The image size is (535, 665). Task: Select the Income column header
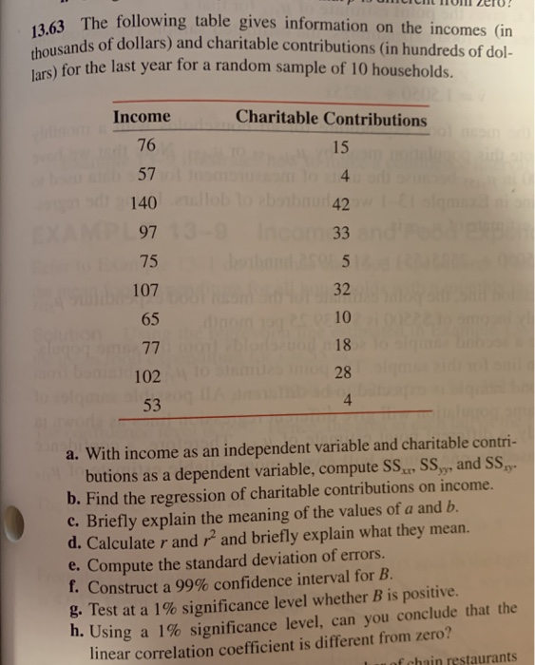pos(142,118)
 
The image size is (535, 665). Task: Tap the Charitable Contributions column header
pos(332,120)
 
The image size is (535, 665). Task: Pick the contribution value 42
pos(344,203)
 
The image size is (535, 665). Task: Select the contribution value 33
pos(344,233)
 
